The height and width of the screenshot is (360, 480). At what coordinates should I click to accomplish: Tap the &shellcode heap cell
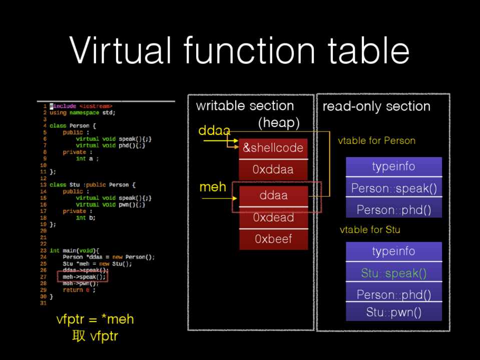coord(273,148)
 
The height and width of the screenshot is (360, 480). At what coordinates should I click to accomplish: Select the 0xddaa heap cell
coord(273,170)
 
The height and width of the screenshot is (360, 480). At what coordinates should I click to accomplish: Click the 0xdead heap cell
coord(273,218)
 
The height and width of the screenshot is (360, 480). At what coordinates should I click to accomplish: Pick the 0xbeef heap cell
coord(273,239)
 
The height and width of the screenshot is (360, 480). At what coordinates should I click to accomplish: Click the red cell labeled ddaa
coord(273,195)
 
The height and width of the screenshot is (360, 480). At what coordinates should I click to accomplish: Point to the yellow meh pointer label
coord(213,187)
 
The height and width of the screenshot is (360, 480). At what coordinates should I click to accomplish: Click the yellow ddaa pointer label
coord(214,131)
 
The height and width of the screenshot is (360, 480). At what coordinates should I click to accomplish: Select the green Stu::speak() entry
coord(393,273)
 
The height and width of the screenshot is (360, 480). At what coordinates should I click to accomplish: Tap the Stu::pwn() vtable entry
coord(393,312)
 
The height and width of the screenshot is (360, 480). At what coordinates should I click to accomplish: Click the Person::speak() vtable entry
coord(393,188)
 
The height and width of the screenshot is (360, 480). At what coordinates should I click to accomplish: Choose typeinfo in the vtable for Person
coord(393,166)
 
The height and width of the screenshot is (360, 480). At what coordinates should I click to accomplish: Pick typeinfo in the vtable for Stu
coord(393,251)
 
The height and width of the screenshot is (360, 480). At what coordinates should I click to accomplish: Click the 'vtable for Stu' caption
coord(370,230)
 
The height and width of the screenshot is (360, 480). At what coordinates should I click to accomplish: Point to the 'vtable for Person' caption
coord(376,140)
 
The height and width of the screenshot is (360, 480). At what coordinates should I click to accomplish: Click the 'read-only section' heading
coord(376,106)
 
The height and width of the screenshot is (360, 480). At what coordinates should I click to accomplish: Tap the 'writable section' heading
coord(245,106)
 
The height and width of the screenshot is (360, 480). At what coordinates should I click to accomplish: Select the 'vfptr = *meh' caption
coord(95,319)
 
